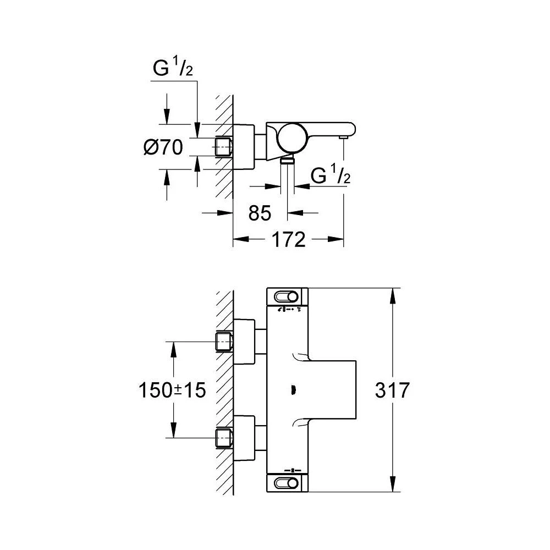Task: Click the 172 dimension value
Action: (289, 239)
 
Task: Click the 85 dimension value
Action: (261, 213)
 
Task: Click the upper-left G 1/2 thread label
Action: (173, 70)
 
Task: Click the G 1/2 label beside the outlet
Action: (331, 175)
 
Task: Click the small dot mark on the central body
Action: (293, 391)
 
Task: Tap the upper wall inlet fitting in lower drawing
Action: (223, 342)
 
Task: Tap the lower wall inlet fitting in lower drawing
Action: (223, 438)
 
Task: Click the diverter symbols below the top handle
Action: (290, 310)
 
